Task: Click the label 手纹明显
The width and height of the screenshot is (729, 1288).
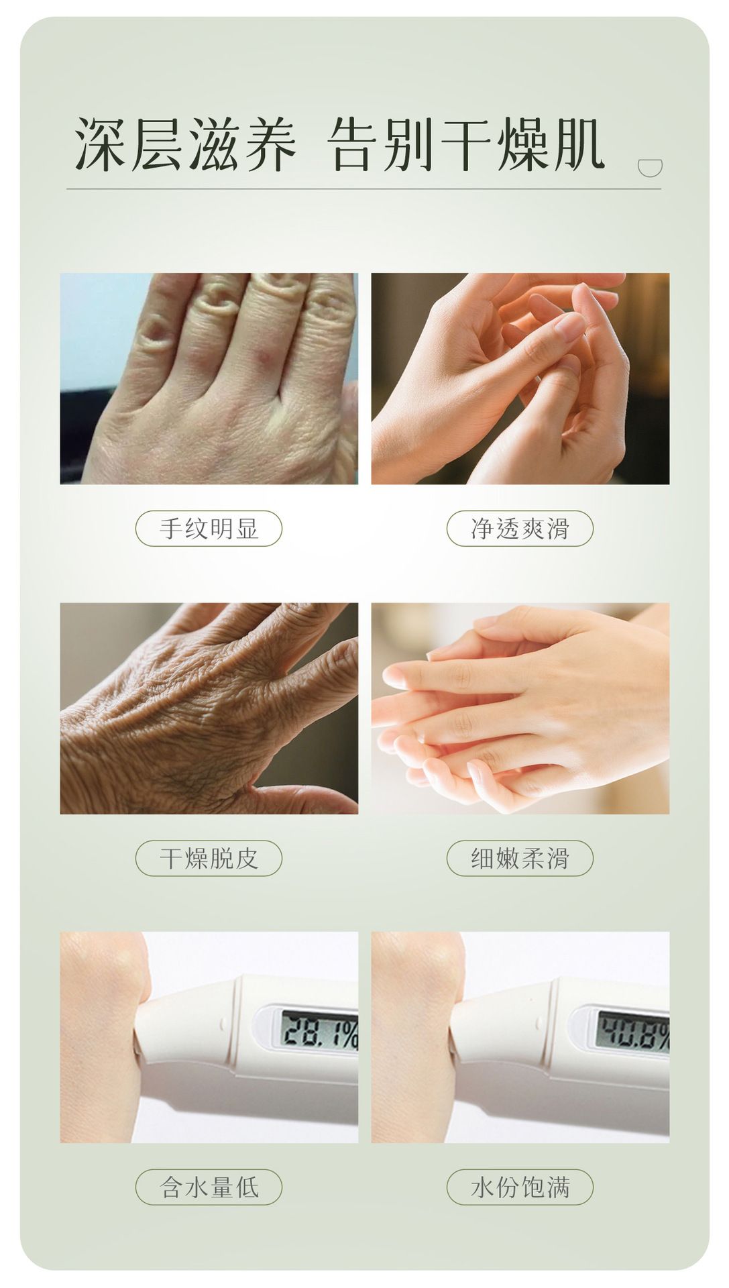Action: point(209,529)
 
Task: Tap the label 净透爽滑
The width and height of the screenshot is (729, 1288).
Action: point(520,529)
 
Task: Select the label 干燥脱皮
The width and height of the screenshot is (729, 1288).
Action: point(209,858)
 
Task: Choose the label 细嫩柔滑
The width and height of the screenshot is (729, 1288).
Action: point(520,858)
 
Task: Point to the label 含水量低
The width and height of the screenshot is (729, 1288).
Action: point(209,1187)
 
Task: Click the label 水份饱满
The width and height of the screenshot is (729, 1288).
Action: point(520,1187)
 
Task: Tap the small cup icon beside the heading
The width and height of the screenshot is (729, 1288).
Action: point(649,168)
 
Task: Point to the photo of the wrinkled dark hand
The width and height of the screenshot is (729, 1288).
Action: point(209,708)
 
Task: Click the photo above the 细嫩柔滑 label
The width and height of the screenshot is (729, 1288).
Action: point(520,708)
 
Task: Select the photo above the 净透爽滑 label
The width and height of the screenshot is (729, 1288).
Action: point(520,378)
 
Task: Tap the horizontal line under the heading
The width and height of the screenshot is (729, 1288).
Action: point(363,189)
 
